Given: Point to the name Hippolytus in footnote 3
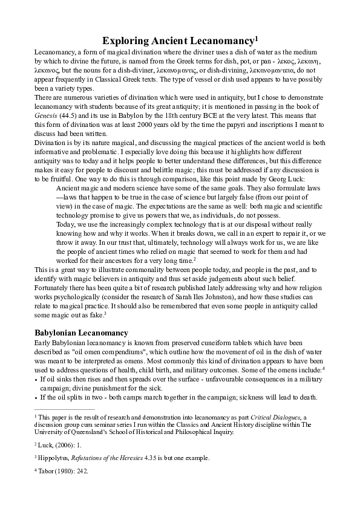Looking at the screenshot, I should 54,458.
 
